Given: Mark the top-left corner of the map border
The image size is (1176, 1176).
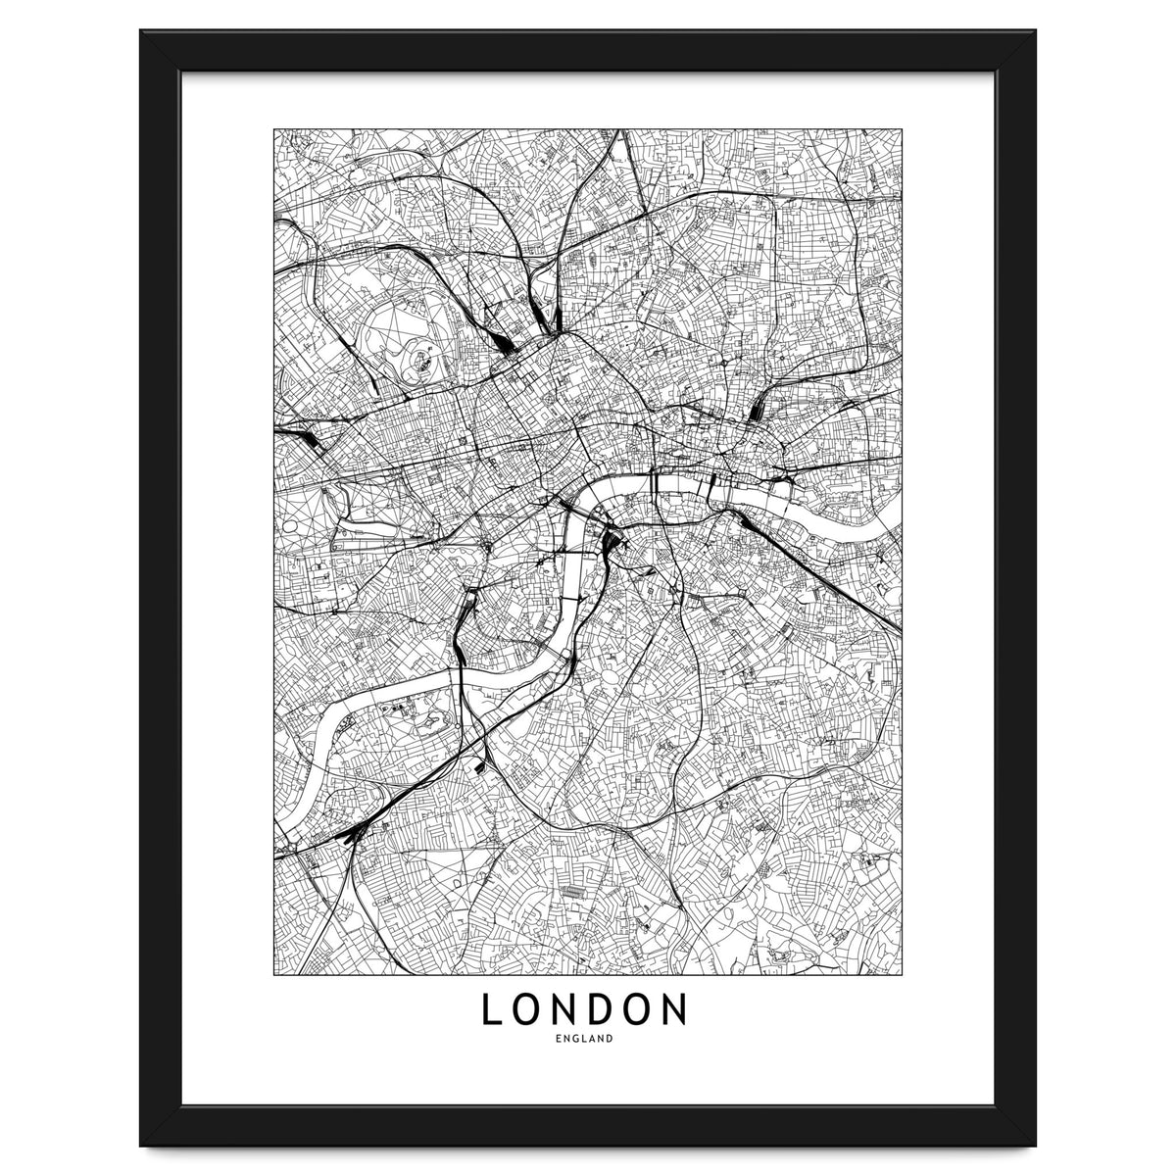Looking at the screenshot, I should tap(275, 128).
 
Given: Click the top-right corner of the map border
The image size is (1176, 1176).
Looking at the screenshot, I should tap(902, 128).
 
